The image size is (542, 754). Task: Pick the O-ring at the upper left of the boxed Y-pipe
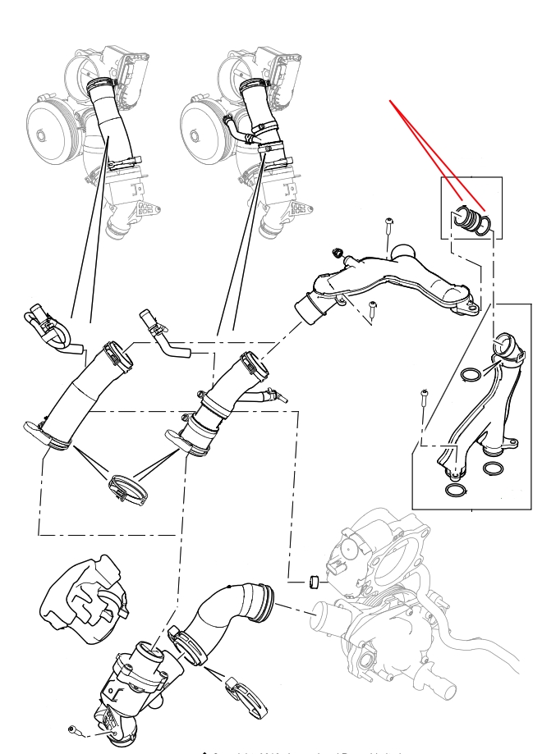(x=471, y=376)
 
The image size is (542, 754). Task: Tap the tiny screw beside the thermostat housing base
(x=74, y=728)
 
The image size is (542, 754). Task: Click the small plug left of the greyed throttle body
(x=312, y=583)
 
